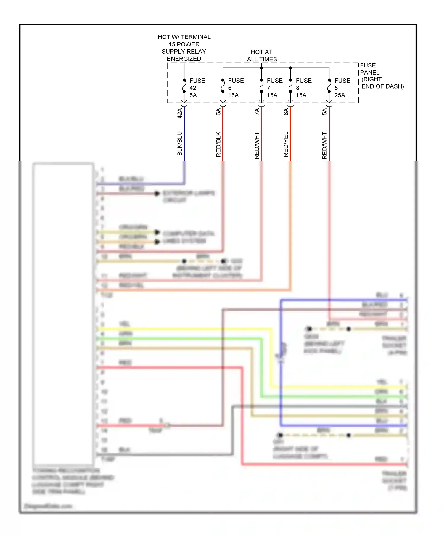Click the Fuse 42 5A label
(197, 88)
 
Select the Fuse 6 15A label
(236, 88)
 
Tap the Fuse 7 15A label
(274, 88)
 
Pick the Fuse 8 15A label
(303, 88)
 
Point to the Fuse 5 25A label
(342, 88)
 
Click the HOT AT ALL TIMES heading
(262, 55)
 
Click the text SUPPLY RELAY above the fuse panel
(184, 51)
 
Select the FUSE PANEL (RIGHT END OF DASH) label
(381, 76)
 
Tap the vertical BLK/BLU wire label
(180, 143)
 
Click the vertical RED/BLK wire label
(218, 144)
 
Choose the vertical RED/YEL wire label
(286, 144)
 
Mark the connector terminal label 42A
(180, 113)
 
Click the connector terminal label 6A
(218, 112)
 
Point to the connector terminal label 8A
(286, 112)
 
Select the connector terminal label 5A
(325, 112)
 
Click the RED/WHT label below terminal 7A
(257, 145)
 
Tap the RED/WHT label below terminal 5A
(325, 145)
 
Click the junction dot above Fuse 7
(261, 68)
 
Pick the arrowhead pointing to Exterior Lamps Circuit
(157, 194)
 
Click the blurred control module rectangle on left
(63, 314)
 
